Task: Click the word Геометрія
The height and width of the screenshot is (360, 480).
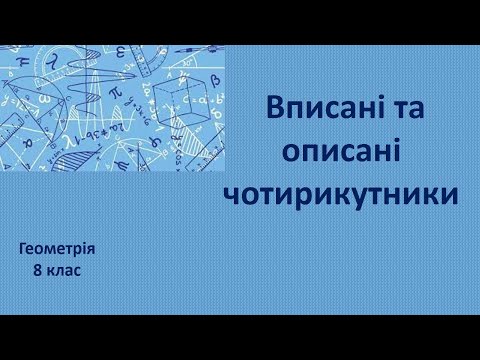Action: (x=58, y=249)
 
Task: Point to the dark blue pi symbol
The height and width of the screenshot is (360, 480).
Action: (x=115, y=92)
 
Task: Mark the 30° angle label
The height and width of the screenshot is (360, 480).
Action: (x=188, y=62)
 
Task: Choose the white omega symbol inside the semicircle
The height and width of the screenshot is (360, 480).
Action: (x=44, y=98)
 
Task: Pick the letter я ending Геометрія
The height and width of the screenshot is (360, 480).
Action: (x=94, y=249)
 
